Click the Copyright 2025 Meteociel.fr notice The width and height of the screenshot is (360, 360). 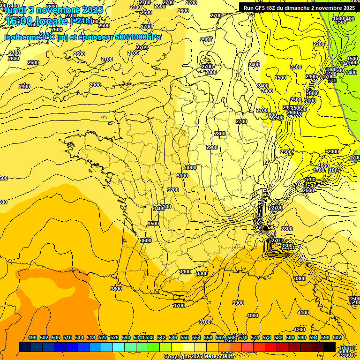click(x=199, y=357)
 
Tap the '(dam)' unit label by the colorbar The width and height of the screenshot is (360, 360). click(x=347, y=347)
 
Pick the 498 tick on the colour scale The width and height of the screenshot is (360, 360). click(x=32, y=337)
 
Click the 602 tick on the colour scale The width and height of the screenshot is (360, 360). click(x=337, y=337)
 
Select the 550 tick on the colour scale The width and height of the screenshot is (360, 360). click(x=185, y=337)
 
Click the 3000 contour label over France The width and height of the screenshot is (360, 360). click(x=190, y=167)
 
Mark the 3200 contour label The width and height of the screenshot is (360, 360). click(x=173, y=190)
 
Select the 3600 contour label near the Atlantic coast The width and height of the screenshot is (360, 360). click(x=146, y=240)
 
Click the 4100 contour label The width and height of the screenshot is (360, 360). click(x=303, y=313)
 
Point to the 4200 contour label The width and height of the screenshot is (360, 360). click(x=300, y=330)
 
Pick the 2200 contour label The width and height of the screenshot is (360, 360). click(x=319, y=44)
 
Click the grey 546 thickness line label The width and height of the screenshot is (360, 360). click(x=332, y=81)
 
